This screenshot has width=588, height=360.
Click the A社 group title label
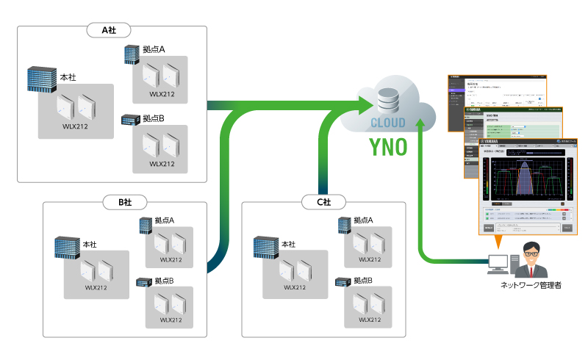tap(109, 31)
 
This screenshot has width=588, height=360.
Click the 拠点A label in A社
tap(154, 49)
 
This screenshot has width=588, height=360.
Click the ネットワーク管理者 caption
tap(531, 286)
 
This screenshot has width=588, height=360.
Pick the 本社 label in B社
tap(90, 244)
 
